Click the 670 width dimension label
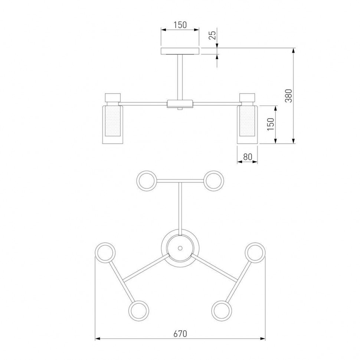(180, 334)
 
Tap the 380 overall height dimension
(288, 96)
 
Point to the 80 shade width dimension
(248, 157)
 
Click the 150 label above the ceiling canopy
(180, 25)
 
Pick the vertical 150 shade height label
(271, 124)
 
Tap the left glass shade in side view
(113, 124)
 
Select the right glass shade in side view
(247, 124)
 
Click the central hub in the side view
(180, 104)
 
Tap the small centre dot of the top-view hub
(180, 248)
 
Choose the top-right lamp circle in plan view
(214, 181)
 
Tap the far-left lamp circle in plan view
(105, 252)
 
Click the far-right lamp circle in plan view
(255, 252)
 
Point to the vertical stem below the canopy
(180, 77)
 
